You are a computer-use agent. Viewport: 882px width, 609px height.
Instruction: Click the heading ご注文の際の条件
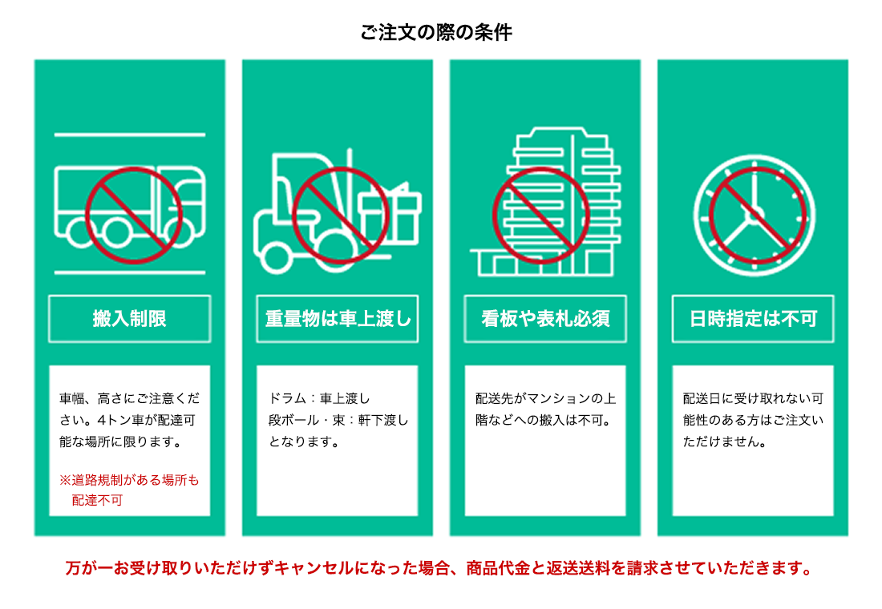pyautogui.click(x=436, y=33)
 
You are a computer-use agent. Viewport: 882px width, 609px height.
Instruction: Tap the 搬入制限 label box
pyautogui.click(x=130, y=319)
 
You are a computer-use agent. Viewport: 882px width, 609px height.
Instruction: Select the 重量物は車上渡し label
pyautogui.click(x=338, y=319)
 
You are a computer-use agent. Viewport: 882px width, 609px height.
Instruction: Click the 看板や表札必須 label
pyautogui.click(x=545, y=319)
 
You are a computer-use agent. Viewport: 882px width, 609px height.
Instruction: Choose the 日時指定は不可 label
pyautogui.click(x=753, y=319)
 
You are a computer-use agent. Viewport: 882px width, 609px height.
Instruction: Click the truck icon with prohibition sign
pyautogui.click(x=128, y=204)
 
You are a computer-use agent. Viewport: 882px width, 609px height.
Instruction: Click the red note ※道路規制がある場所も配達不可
pyautogui.click(x=128, y=490)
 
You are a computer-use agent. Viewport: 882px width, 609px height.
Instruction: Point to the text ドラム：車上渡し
pyautogui.click(x=319, y=398)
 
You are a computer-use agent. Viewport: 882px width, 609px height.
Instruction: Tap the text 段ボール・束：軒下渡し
pyautogui.click(x=338, y=419)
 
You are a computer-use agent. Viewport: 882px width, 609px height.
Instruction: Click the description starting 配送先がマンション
pyautogui.click(x=545, y=409)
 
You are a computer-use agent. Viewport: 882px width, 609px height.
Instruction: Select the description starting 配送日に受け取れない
pyautogui.click(x=753, y=419)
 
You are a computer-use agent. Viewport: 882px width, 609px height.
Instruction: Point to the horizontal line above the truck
pyautogui.click(x=130, y=135)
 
